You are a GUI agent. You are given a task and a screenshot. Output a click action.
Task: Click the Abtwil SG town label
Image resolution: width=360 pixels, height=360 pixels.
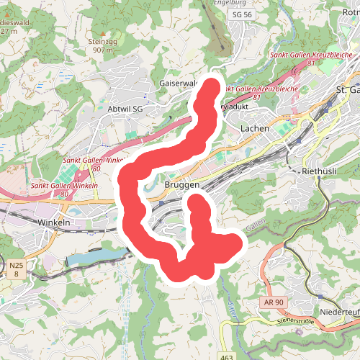pyautogui.click(x=125, y=108)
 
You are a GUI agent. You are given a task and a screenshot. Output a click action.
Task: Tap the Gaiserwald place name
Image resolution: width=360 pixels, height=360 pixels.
pyautogui.click(x=178, y=84)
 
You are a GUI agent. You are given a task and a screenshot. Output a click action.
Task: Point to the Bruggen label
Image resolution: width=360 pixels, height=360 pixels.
pyautogui.click(x=182, y=185)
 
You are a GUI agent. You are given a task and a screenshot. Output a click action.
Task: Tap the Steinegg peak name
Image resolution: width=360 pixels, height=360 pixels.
pyautogui.click(x=102, y=41)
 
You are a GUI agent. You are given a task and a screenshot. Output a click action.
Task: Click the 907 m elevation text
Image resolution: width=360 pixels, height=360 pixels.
pyautogui.click(x=103, y=50)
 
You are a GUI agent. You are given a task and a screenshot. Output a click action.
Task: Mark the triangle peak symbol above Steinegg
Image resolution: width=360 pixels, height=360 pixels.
pyautogui.click(x=102, y=32)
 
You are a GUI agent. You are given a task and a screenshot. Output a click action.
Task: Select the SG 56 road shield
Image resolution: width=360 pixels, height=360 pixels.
pyautogui.click(x=244, y=14)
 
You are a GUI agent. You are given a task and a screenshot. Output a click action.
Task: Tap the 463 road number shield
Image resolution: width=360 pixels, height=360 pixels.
pyautogui.click(x=228, y=356)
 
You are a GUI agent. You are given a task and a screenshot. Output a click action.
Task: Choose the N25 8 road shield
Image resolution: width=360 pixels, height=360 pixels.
pyautogui.click(x=17, y=270)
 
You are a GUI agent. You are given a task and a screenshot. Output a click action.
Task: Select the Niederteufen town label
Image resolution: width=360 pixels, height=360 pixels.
pyautogui.click(x=338, y=311)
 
